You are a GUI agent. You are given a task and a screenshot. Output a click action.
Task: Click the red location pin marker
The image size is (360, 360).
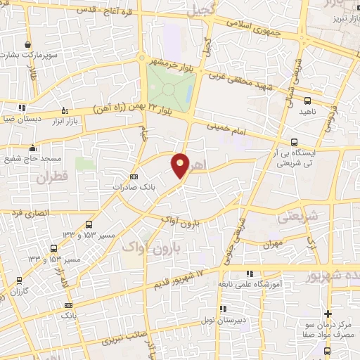pyautogui.click(x=181, y=166)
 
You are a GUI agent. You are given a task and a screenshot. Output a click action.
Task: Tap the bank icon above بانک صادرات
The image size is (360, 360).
pyautogui.click(x=135, y=176)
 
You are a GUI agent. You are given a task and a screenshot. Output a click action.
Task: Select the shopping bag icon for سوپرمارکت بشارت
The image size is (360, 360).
pyautogui.click(x=27, y=44)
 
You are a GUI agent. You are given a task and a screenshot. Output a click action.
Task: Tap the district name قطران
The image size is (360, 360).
pyautogui.click(x=47, y=179)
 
